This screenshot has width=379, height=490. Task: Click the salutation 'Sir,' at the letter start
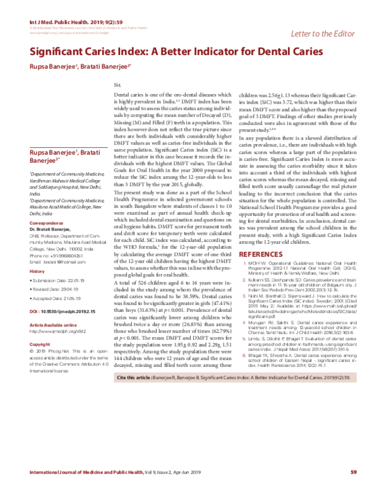[116, 84]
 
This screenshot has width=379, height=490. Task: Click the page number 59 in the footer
[354, 472]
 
